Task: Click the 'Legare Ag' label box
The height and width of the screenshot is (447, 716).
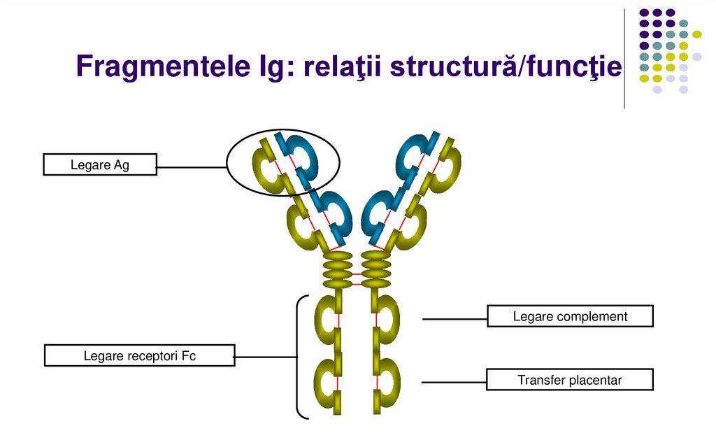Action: pyautogui.click(x=100, y=165)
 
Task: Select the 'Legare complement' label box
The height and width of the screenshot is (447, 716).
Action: pyautogui.click(x=570, y=316)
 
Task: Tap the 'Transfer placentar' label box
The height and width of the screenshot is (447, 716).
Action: pyautogui.click(x=570, y=380)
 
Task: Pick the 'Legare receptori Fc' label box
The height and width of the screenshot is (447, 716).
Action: pyautogui.click(x=140, y=355)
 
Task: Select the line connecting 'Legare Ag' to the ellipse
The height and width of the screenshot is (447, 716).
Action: pyautogui.click(x=192, y=167)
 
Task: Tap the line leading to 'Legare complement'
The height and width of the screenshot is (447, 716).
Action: pyautogui.click(x=454, y=319)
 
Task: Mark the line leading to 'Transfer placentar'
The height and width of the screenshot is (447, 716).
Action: pyautogui.click(x=454, y=383)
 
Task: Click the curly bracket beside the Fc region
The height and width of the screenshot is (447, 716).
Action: pyautogui.click(x=299, y=357)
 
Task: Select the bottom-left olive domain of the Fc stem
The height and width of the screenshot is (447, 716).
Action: pyautogui.click(x=327, y=381)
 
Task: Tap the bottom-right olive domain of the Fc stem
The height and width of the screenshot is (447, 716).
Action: pyautogui.click(x=386, y=381)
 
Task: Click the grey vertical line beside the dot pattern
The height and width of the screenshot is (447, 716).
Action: pyautogui.click(x=624, y=59)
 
